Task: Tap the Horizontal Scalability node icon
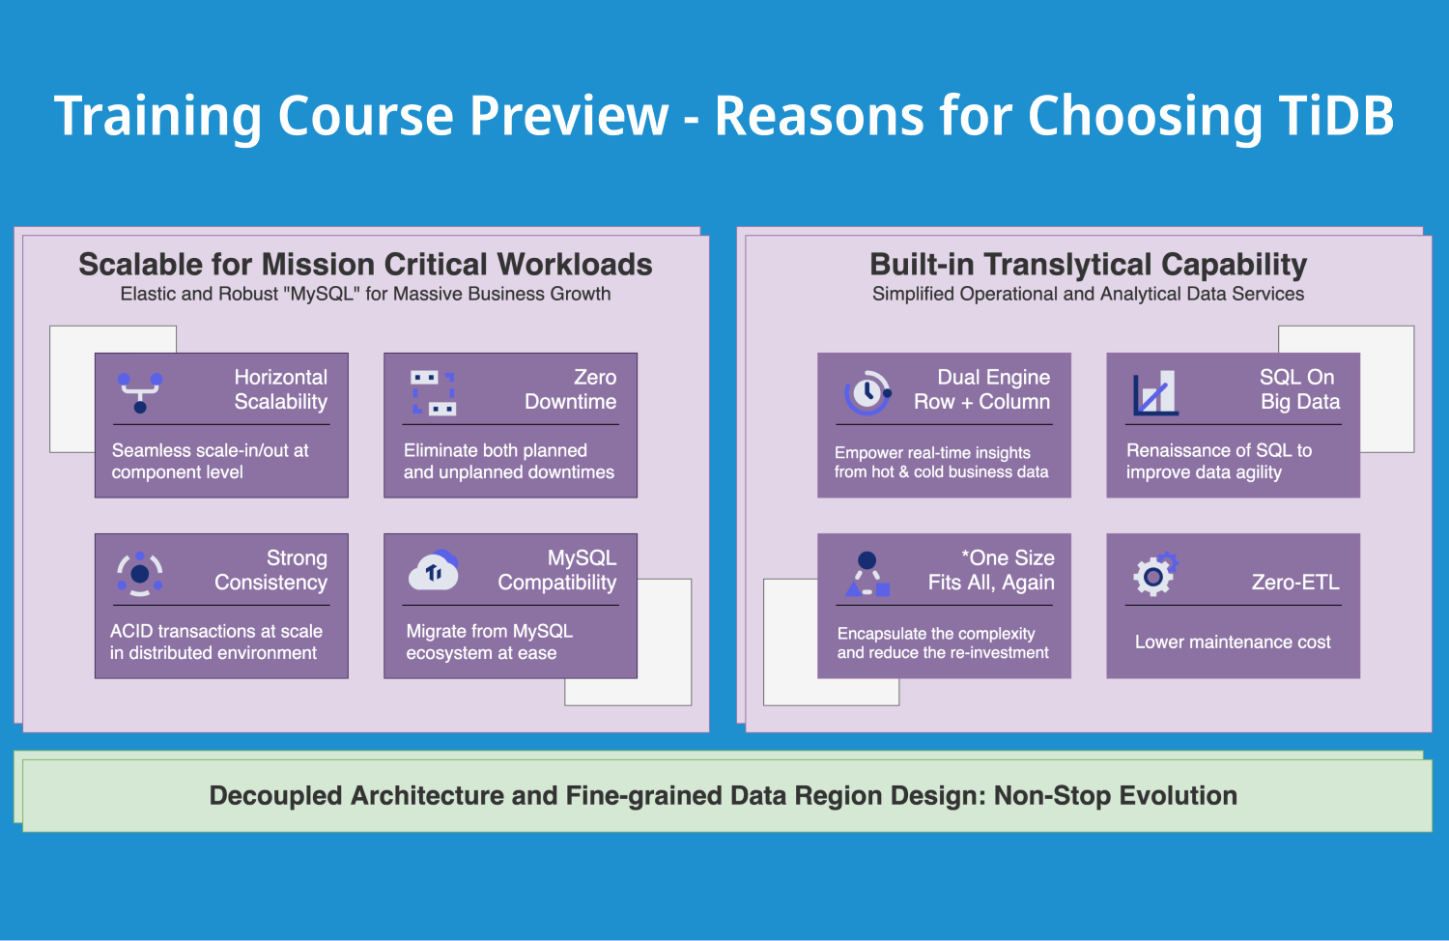tap(140, 392)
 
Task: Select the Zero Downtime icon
tap(434, 392)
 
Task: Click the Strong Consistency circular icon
tap(140, 574)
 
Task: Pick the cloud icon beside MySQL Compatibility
tap(434, 570)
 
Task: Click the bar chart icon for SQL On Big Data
tap(1155, 392)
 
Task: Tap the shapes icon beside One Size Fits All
tap(867, 574)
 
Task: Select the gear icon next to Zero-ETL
tap(1156, 574)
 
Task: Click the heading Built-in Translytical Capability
tap(1088, 265)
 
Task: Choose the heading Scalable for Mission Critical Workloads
tap(365, 265)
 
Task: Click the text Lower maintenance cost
tap(1233, 642)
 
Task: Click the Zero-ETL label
tap(1295, 582)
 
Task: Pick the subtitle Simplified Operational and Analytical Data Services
tap(1088, 294)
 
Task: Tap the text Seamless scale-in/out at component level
tap(211, 461)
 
